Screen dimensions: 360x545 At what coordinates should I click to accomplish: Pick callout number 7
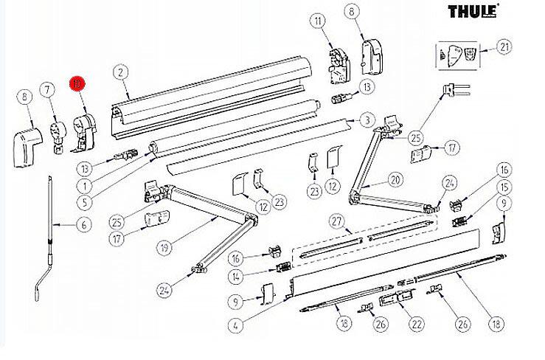click(49, 91)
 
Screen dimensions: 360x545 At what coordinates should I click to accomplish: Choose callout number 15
click(504, 187)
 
